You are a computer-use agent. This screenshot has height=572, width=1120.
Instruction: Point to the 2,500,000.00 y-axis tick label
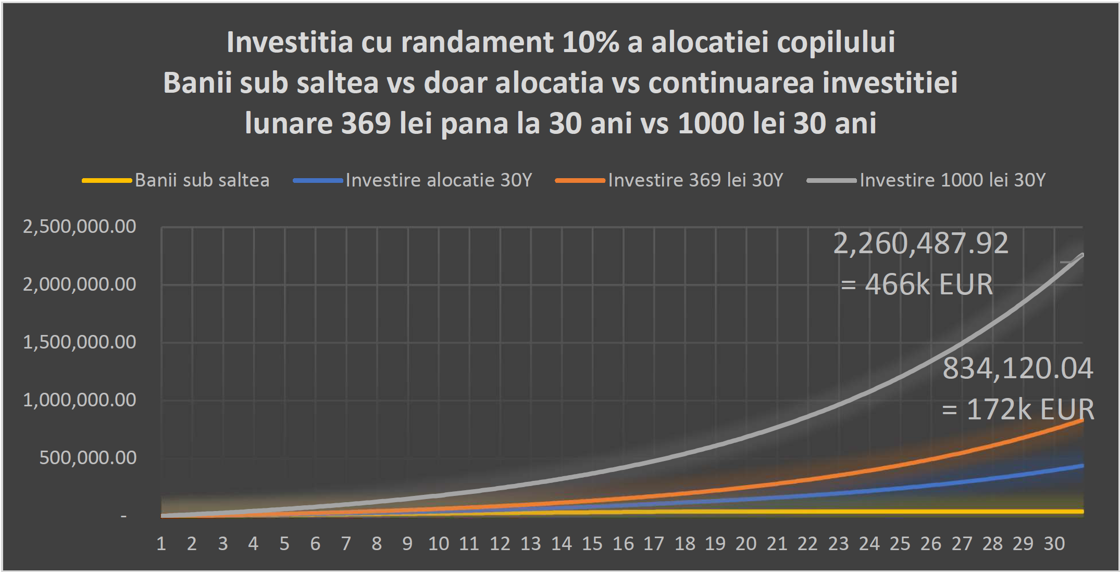coord(79,227)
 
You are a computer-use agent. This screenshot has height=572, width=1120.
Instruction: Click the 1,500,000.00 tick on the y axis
coord(79,342)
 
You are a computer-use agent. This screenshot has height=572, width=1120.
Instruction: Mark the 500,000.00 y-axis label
coord(88,458)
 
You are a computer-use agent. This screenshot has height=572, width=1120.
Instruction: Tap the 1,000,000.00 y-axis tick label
coord(79,400)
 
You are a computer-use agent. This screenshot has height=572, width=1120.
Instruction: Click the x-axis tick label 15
coord(592,544)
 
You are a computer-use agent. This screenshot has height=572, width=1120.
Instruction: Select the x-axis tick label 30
coord(1054,544)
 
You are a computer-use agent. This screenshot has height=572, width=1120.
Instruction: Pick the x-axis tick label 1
coord(161,544)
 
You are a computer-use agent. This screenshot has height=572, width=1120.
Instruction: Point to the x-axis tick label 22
coord(807,544)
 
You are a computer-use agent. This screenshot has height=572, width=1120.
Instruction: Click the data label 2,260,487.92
coord(920,244)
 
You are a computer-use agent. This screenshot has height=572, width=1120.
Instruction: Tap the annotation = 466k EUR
coord(917,284)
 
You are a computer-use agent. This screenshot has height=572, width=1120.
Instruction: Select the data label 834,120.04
coord(1017,369)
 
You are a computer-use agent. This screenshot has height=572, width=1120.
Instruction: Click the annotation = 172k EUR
coord(1018,409)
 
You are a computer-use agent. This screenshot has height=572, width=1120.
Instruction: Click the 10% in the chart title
coord(590,42)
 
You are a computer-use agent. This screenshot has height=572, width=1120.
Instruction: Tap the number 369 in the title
coord(366,123)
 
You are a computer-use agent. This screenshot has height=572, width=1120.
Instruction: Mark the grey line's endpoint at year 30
coord(1083,255)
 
